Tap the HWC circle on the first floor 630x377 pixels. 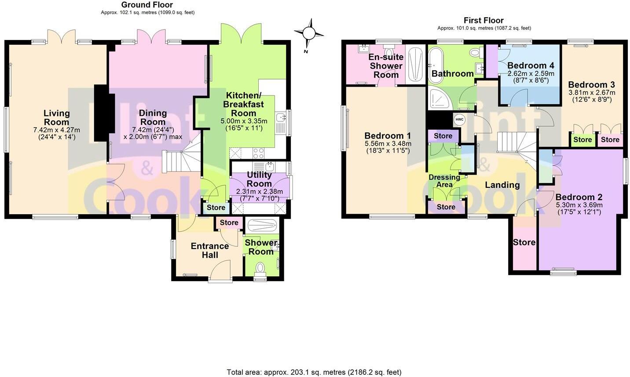(459, 120)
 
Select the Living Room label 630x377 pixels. (56, 117)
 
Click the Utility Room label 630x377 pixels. (259, 179)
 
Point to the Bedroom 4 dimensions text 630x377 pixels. (531, 77)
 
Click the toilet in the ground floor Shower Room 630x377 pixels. (260, 267)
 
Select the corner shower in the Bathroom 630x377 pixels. (440, 99)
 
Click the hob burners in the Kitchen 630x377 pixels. (258, 153)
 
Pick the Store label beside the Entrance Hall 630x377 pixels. (229, 223)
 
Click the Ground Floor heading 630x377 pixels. (147, 5)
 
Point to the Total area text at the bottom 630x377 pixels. (314, 372)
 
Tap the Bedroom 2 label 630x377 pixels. (579, 197)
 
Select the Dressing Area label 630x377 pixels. (444, 181)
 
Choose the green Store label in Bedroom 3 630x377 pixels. (582, 140)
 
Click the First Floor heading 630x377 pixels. (483, 20)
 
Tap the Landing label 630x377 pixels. (502, 185)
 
